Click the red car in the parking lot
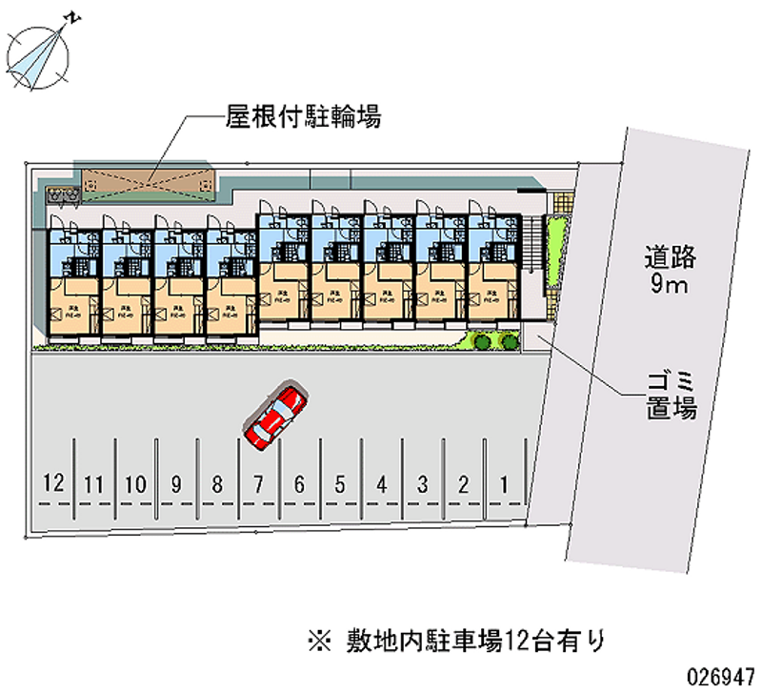[275, 417]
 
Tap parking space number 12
[53, 484]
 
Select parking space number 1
[504, 484]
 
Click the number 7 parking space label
[258, 484]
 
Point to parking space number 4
[381, 484]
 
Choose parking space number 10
[135, 484]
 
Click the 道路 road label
[671, 256]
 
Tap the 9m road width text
[671, 285]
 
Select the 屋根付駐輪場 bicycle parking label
[303, 117]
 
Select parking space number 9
[176, 484]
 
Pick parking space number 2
[463, 484]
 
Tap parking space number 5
[340, 484]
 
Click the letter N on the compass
[71, 17]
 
